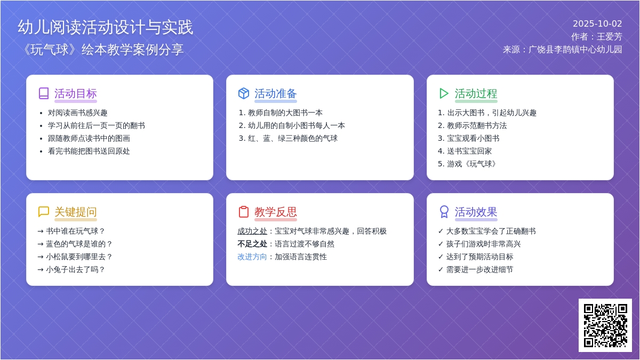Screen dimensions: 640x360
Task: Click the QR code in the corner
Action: [605, 325]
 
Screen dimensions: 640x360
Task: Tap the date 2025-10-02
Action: [597, 23]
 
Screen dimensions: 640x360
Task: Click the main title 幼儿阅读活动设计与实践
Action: [106, 27]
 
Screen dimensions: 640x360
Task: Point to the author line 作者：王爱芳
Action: [596, 37]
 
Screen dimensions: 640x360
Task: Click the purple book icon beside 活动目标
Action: [44, 93]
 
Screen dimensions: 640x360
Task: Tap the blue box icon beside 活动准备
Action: [244, 93]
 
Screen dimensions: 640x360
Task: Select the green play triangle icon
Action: [444, 93]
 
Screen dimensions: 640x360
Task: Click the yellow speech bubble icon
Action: [44, 212]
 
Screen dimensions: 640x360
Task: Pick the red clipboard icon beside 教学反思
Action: [244, 212]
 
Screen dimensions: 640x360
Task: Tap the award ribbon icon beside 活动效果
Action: [444, 212]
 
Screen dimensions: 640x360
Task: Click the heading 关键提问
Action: [76, 212]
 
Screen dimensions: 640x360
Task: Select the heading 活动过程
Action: [476, 94]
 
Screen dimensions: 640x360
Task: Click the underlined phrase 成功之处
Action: [252, 231]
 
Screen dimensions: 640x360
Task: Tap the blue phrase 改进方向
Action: [252, 257]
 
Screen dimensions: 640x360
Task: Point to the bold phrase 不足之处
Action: [252, 244]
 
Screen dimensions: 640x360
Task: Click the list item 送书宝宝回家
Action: [469, 151]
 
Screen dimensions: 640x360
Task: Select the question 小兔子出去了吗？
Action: [76, 270]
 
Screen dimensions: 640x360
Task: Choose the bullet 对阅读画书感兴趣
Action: [78, 113]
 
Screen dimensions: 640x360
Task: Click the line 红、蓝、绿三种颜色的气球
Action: [293, 139]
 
